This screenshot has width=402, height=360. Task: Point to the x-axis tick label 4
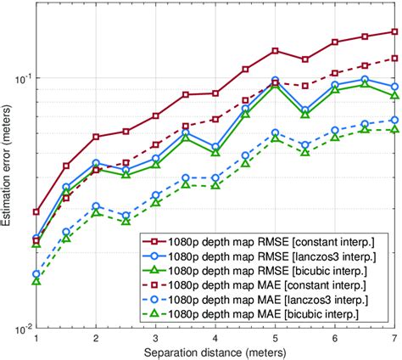[x=215, y=338]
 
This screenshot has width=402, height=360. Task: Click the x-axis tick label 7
[x=394, y=338]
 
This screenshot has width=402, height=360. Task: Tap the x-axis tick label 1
[x=36, y=338]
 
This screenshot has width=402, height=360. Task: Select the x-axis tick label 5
[x=275, y=338]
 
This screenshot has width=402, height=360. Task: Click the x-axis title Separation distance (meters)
[x=215, y=352]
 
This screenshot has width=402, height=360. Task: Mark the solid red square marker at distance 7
[x=394, y=32]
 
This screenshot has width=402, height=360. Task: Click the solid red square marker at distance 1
[x=36, y=211]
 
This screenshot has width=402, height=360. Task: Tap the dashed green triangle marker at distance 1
[x=36, y=280]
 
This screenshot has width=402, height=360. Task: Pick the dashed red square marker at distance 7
[x=394, y=58]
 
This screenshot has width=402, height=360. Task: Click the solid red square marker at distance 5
[x=275, y=51]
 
